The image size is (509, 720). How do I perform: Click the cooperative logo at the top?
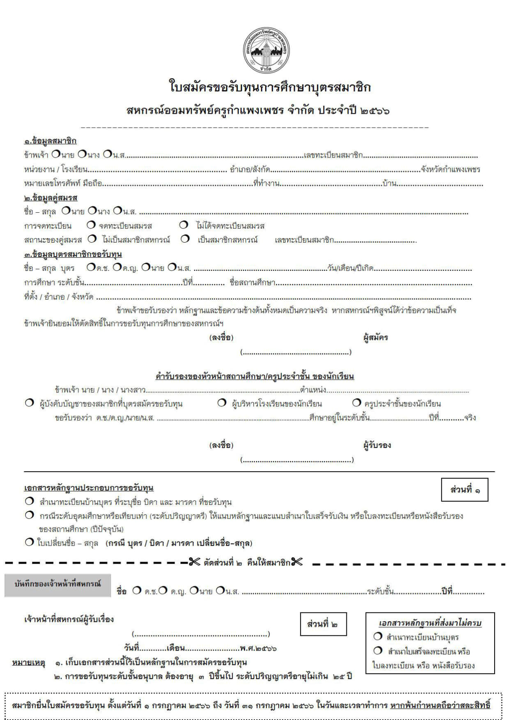coord(267,50)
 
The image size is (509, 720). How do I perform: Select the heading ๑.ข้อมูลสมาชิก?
coord(50,141)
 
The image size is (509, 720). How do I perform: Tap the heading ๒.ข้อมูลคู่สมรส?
coord(50,198)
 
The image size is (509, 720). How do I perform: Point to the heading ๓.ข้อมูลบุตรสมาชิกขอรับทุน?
coord(73,255)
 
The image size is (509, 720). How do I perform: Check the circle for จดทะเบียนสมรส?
coord(91,225)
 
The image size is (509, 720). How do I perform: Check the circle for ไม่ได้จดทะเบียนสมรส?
coord(184,225)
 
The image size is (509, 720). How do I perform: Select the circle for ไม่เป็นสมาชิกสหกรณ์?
coord(92,239)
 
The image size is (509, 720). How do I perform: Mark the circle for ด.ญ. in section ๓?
coord(117,268)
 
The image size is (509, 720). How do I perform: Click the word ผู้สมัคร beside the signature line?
coord(376,338)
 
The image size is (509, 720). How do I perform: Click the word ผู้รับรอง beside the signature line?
coord(377,445)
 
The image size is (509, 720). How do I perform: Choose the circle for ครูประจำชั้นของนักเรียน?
coord(357,403)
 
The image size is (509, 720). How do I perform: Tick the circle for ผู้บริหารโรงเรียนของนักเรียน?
coord(222,403)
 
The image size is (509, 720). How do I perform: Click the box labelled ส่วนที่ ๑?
coord(465,490)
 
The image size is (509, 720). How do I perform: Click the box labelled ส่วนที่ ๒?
coord(323,624)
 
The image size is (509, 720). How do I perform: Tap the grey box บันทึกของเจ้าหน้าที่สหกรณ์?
coord(58,585)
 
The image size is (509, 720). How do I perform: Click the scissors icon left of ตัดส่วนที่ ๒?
coord(195,562)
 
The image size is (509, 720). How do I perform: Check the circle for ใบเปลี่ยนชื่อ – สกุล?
coord(29,542)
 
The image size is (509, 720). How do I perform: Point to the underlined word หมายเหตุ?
coord(28,663)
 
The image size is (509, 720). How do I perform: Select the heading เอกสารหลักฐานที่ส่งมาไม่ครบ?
coord(430,623)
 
